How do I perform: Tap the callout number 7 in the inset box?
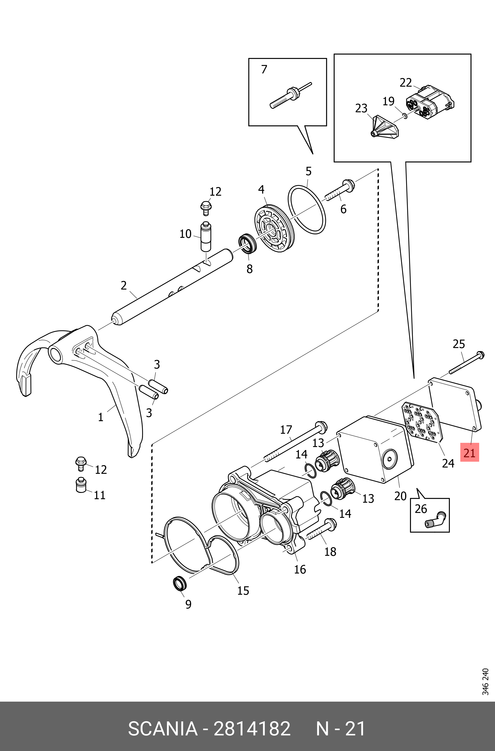click(264, 69)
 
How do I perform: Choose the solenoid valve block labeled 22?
click(429, 102)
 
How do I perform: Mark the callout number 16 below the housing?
click(300, 569)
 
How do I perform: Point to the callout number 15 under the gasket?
click(243, 590)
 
